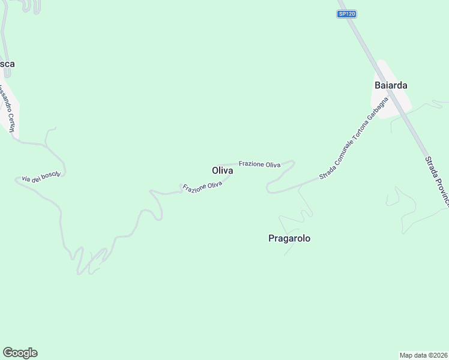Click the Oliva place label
(223, 170)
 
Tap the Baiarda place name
(391, 85)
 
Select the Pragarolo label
(289, 238)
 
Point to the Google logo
(20, 353)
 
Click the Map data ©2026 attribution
(424, 355)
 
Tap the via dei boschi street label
(41, 175)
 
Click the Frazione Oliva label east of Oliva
(259, 164)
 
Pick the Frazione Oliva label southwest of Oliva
(203, 187)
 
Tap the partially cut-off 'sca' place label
(8, 64)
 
